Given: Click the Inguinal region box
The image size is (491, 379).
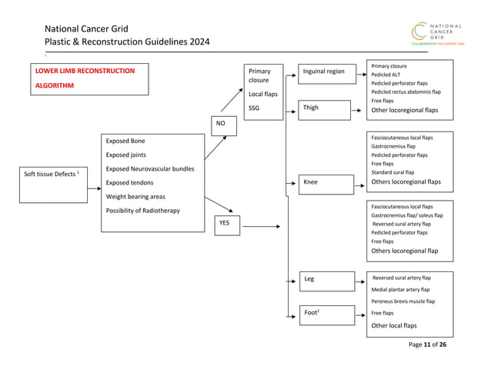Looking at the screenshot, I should pyautogui.click(x=326, y=72).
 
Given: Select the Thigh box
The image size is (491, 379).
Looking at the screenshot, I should pyautogui.click(x=326, y=108).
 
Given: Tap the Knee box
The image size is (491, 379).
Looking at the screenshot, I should pyautogui.click(x=326, y=183).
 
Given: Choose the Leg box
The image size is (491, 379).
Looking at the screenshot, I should pyautogui.click(x=326, y=279).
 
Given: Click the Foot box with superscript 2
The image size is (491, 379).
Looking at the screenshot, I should pyautogui.click(x=326, y=314).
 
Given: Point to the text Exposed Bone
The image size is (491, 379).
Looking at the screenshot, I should pyautogui.click(x=125, y=141).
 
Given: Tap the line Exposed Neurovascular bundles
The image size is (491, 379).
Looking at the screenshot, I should pyautogui.click(x=149, y=168).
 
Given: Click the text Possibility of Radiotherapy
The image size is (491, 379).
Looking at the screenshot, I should pyautogui.click(x=143, y=211).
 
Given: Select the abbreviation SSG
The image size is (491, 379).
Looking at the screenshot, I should pyautogui.click(x=255, y=108).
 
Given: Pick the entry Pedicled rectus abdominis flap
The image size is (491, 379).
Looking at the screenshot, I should pyautogui.click(x=406, y=91).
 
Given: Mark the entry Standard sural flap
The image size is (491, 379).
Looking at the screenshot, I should pyautogui.click(x=392, y=173).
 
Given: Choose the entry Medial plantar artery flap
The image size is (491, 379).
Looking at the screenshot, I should pyautogui.click(x=400, y=290).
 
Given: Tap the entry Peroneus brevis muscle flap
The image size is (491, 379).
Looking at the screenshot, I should pyautogui.click(x=402, y=301).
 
